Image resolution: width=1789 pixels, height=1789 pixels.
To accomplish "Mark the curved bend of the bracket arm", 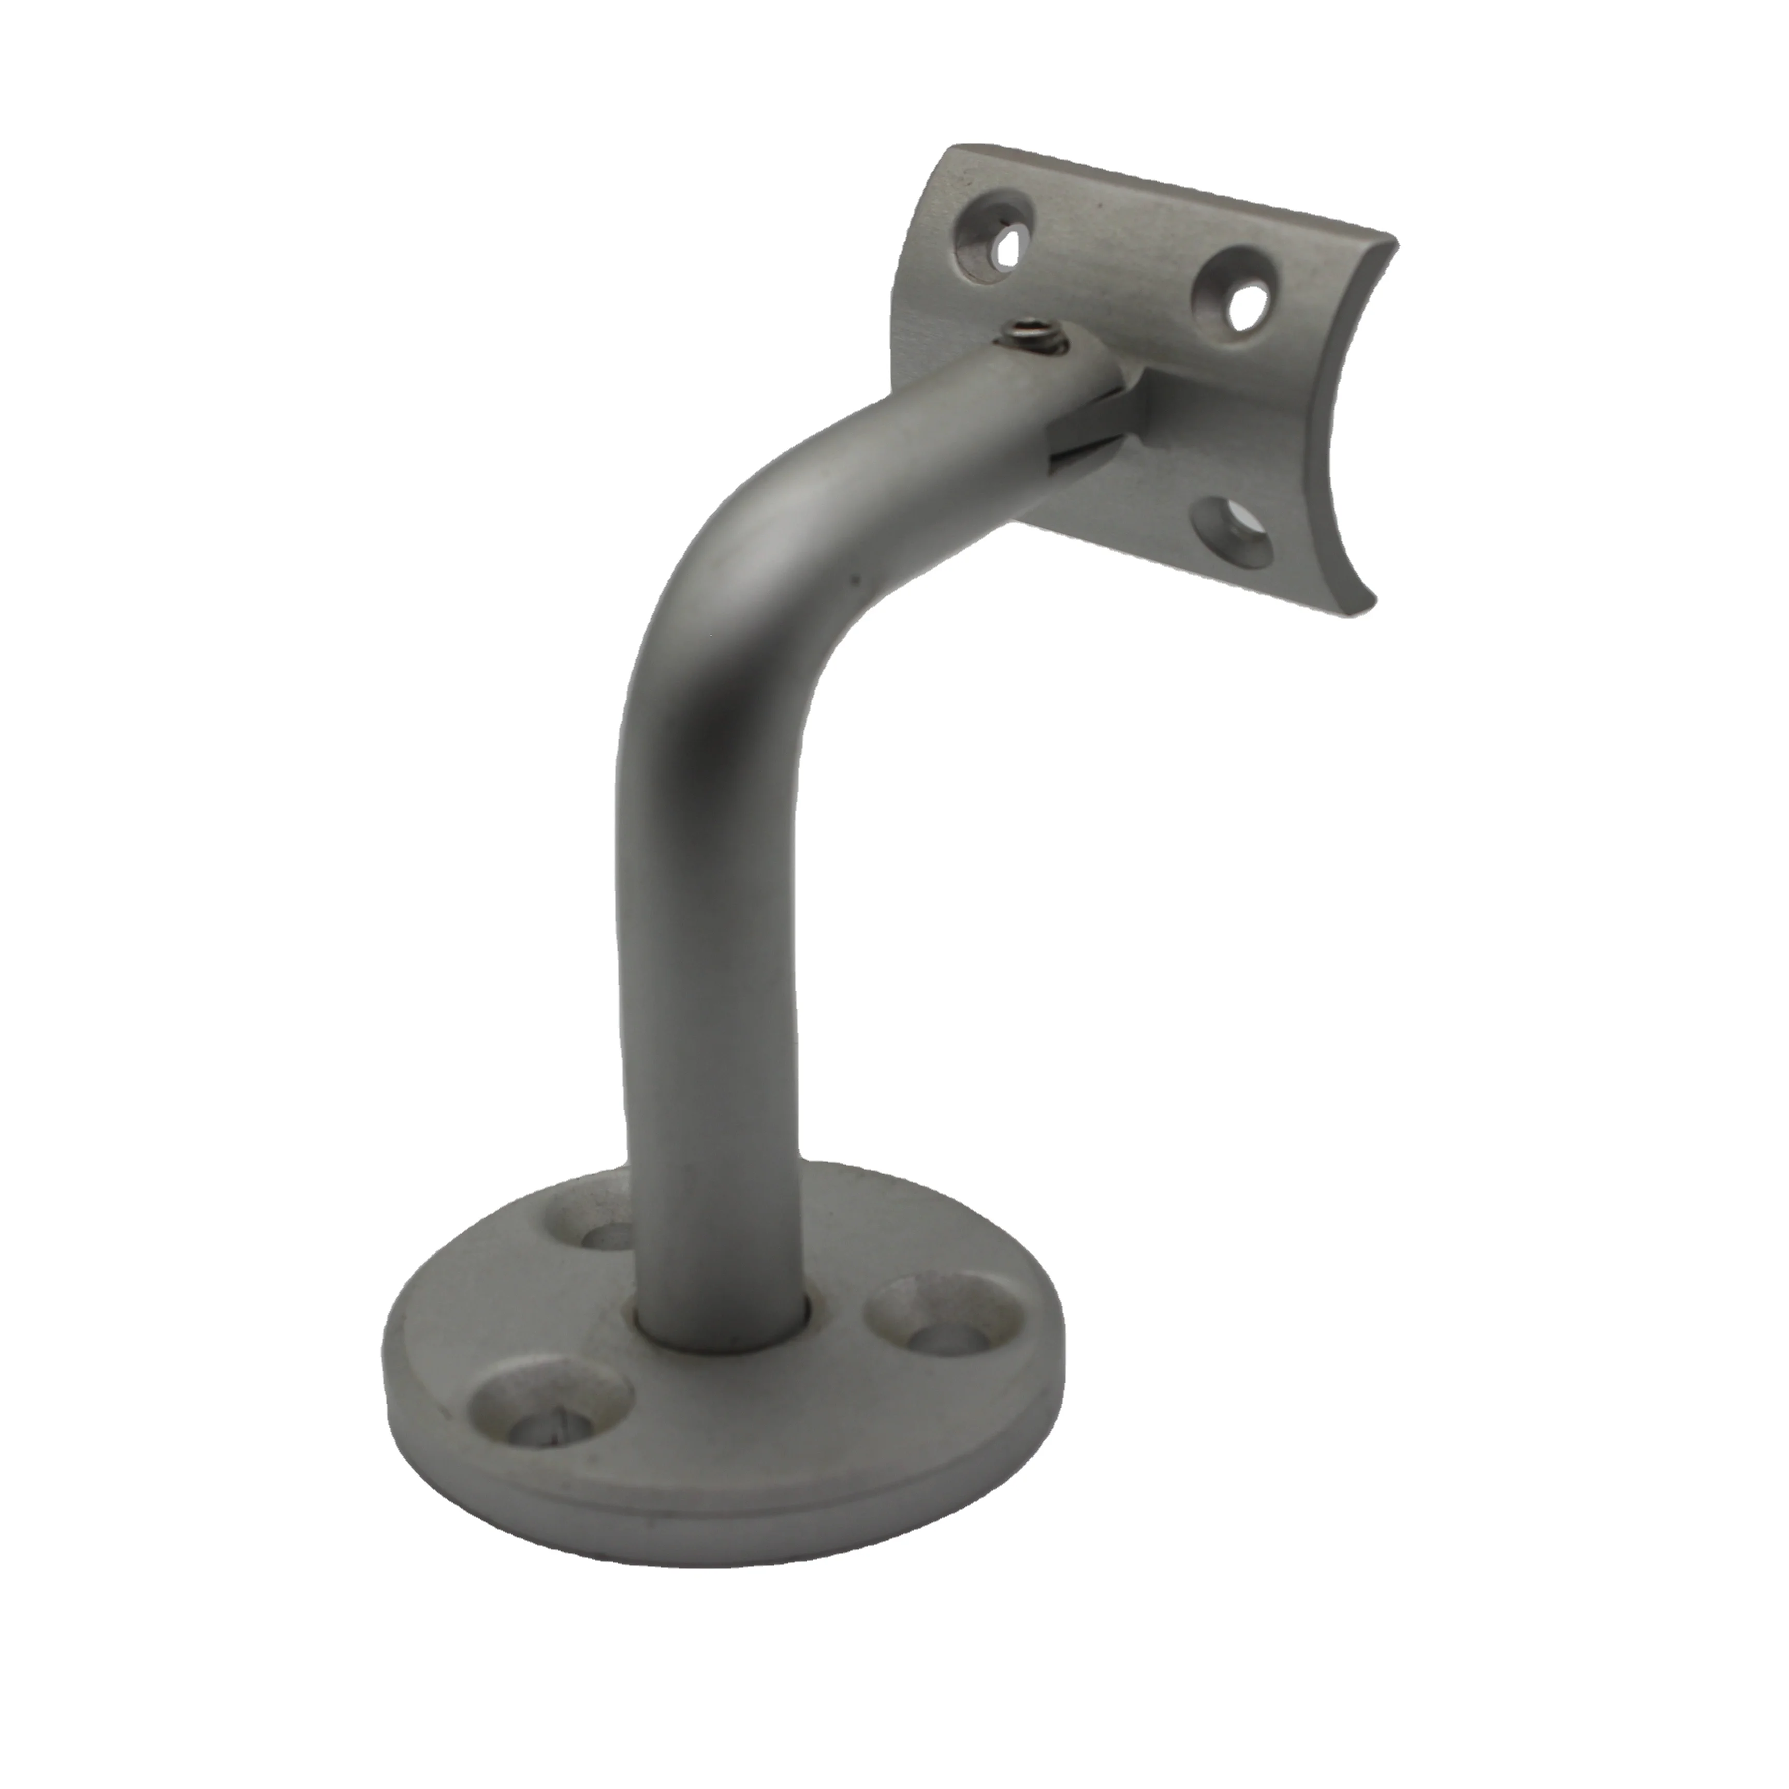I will (741, 574).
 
